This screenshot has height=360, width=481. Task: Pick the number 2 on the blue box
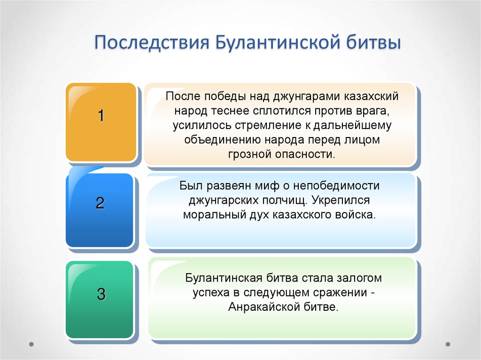[100, 203]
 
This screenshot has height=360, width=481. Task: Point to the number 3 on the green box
[101, 295]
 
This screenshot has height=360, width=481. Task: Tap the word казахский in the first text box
[370, 97]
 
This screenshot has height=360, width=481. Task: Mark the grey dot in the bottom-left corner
[31, 344]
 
